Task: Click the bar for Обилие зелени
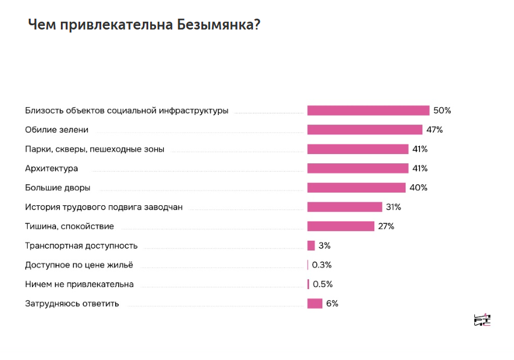click(x=365, y=129)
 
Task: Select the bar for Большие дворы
click(x=356, y=187)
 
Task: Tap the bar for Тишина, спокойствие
click(x=340, y=226)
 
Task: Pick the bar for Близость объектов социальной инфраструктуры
click(x=368, y=110)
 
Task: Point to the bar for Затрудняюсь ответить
click(x=315, y=303)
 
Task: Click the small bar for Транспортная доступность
click(x=311, y=246)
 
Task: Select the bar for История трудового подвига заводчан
click(x=345, y=207)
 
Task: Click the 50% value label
click(x=442, y=110)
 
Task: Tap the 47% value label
click(x=435, y=129)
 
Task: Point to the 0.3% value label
click(x=322, y=265)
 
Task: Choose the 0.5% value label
click(x=322, y=284)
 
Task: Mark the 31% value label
click(x=393, y=207)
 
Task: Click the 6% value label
click(x=332, y=303)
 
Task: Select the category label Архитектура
click(x=51, y=168)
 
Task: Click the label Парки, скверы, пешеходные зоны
click(x=95, y=149)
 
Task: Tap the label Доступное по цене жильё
click(x=79, y=265)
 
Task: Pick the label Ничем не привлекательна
click(x=80, y=284)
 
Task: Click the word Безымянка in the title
click(x=216, y=25)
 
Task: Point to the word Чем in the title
click(x=41, y=25)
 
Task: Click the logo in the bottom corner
click(x=483, y=320)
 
